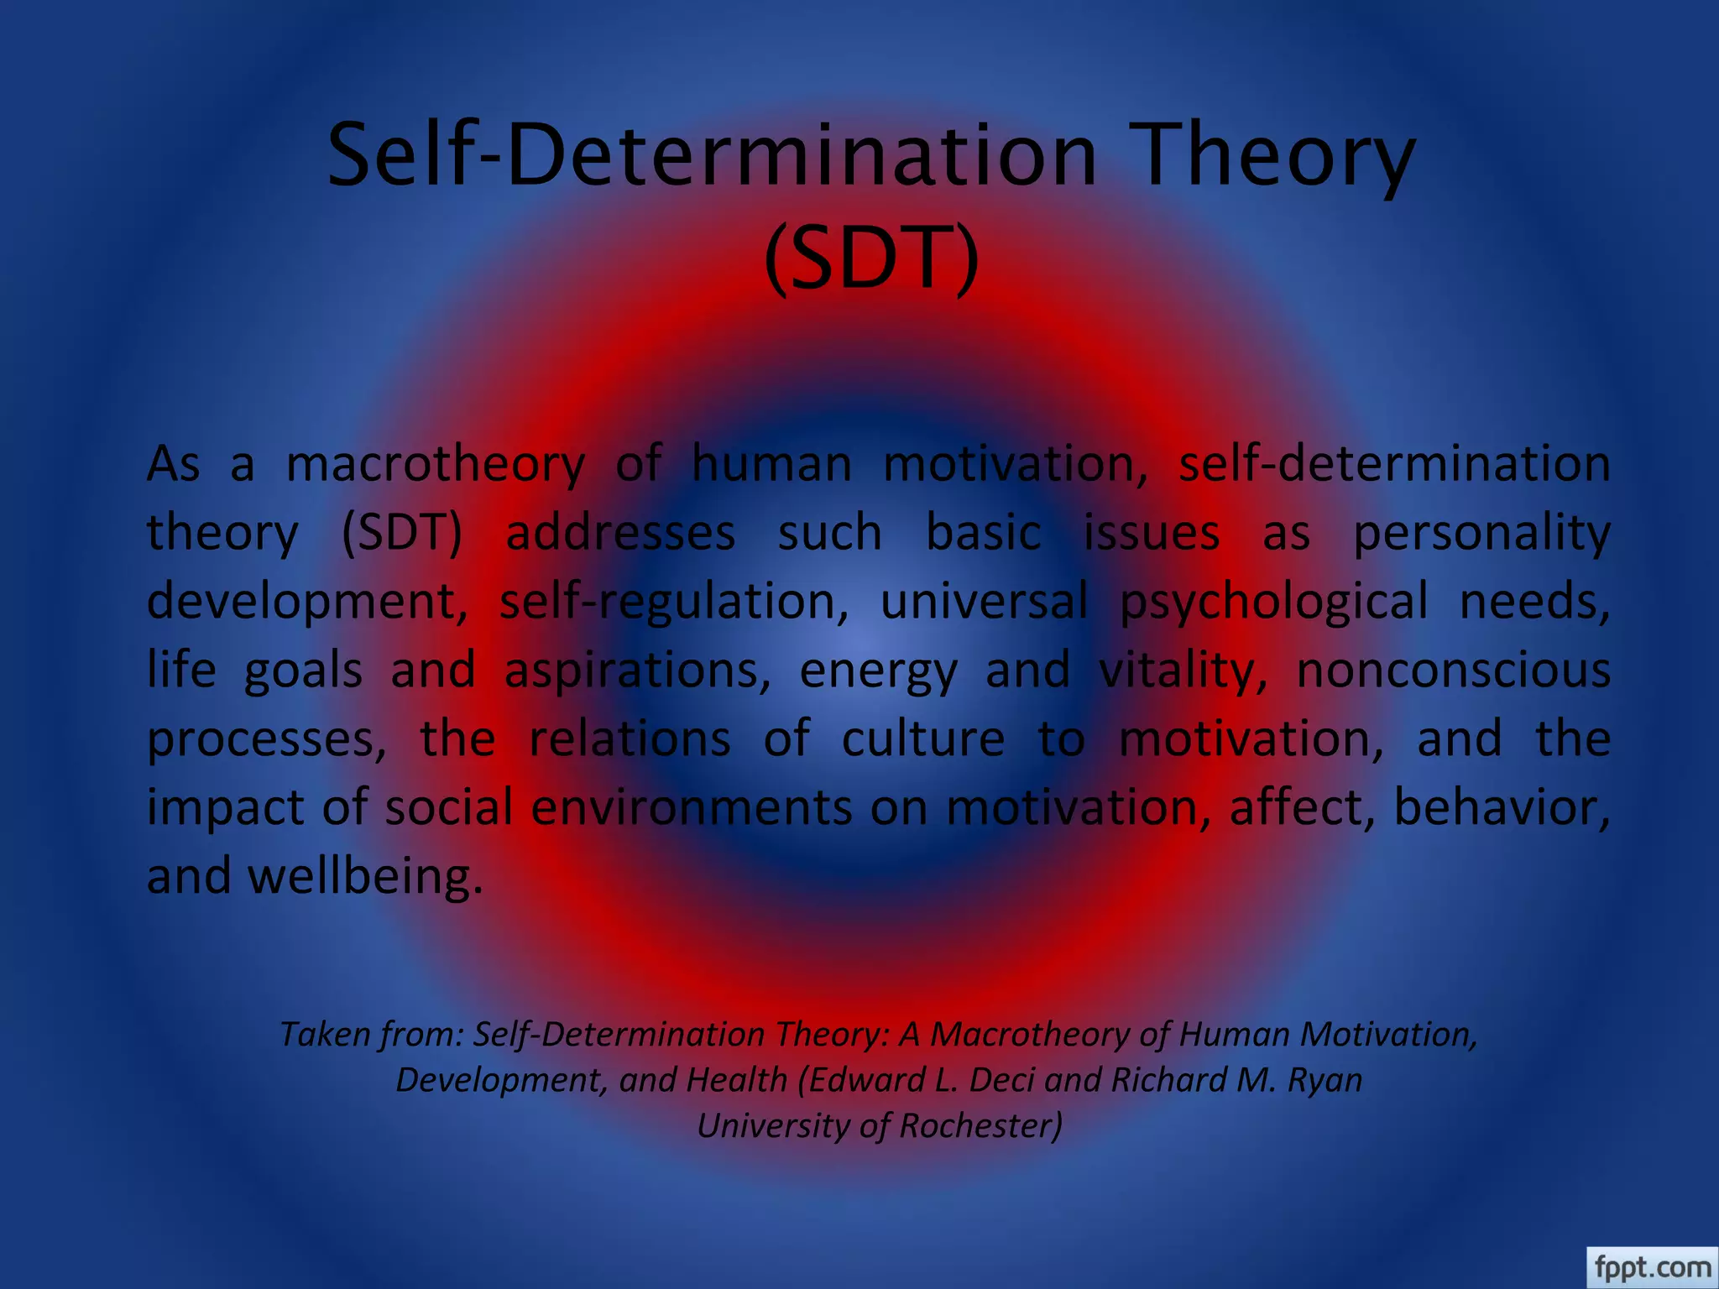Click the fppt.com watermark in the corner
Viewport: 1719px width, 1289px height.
click(x=1653, y=1266)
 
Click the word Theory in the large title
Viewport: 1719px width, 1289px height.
click(x=1277, y=157)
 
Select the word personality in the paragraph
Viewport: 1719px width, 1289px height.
click(x=1481, y=534)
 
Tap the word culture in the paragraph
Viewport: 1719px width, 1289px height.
click(x=922, y=739)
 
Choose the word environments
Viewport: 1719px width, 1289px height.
click(x=692, y=808)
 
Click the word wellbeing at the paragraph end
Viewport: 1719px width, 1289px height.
click(x=365, y=877)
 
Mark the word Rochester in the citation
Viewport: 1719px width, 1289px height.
click(x=980, y=1126)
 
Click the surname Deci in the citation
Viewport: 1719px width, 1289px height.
click(x=1002, y=1080)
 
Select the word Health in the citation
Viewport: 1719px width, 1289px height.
click(x=736, y=1080)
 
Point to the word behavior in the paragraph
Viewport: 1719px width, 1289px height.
click(x=1501, y=808)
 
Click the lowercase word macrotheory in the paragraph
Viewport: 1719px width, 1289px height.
click(x=435, y=465)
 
